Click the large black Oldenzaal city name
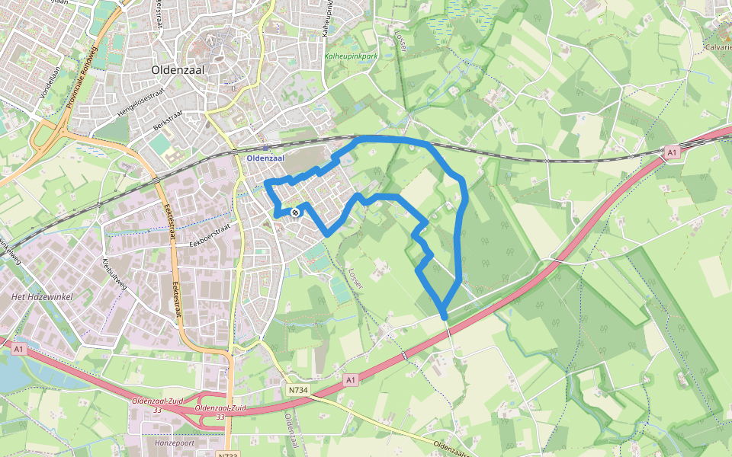[182, 69]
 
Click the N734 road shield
[298, 390]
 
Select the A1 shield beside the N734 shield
[350, 379]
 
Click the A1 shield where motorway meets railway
[671, 153]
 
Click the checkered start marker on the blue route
[295, 213]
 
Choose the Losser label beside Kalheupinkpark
[401, 42]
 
